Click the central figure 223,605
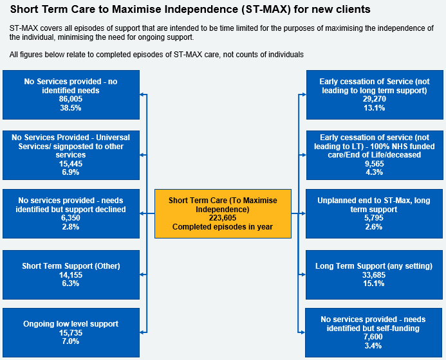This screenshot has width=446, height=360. coord(223,218)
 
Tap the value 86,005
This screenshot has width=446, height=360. coord(71,99)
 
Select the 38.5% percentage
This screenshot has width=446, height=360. coord(71,108)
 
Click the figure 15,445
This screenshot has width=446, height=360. coord(71,164)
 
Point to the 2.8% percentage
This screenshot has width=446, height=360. coord(71,227)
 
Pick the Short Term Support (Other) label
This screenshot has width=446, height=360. coord(71,266)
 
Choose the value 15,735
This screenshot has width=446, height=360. coord(71,332)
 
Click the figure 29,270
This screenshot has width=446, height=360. coord(375,99)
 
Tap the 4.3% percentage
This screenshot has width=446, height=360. coord(375,172)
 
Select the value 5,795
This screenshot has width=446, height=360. coord(374,218)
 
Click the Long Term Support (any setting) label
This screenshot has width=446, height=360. coord(374,266)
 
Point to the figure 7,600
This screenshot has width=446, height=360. coord(373,337)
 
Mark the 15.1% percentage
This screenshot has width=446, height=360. coord(374,283)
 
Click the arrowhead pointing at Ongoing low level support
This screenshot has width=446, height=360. coord(142,332)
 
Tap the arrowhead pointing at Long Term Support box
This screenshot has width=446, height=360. coord(304,274)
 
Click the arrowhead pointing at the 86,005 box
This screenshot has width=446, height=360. coord(142,94)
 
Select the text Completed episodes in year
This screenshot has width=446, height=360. coord(223,227)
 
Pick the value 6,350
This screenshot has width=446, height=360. coord(71,218)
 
